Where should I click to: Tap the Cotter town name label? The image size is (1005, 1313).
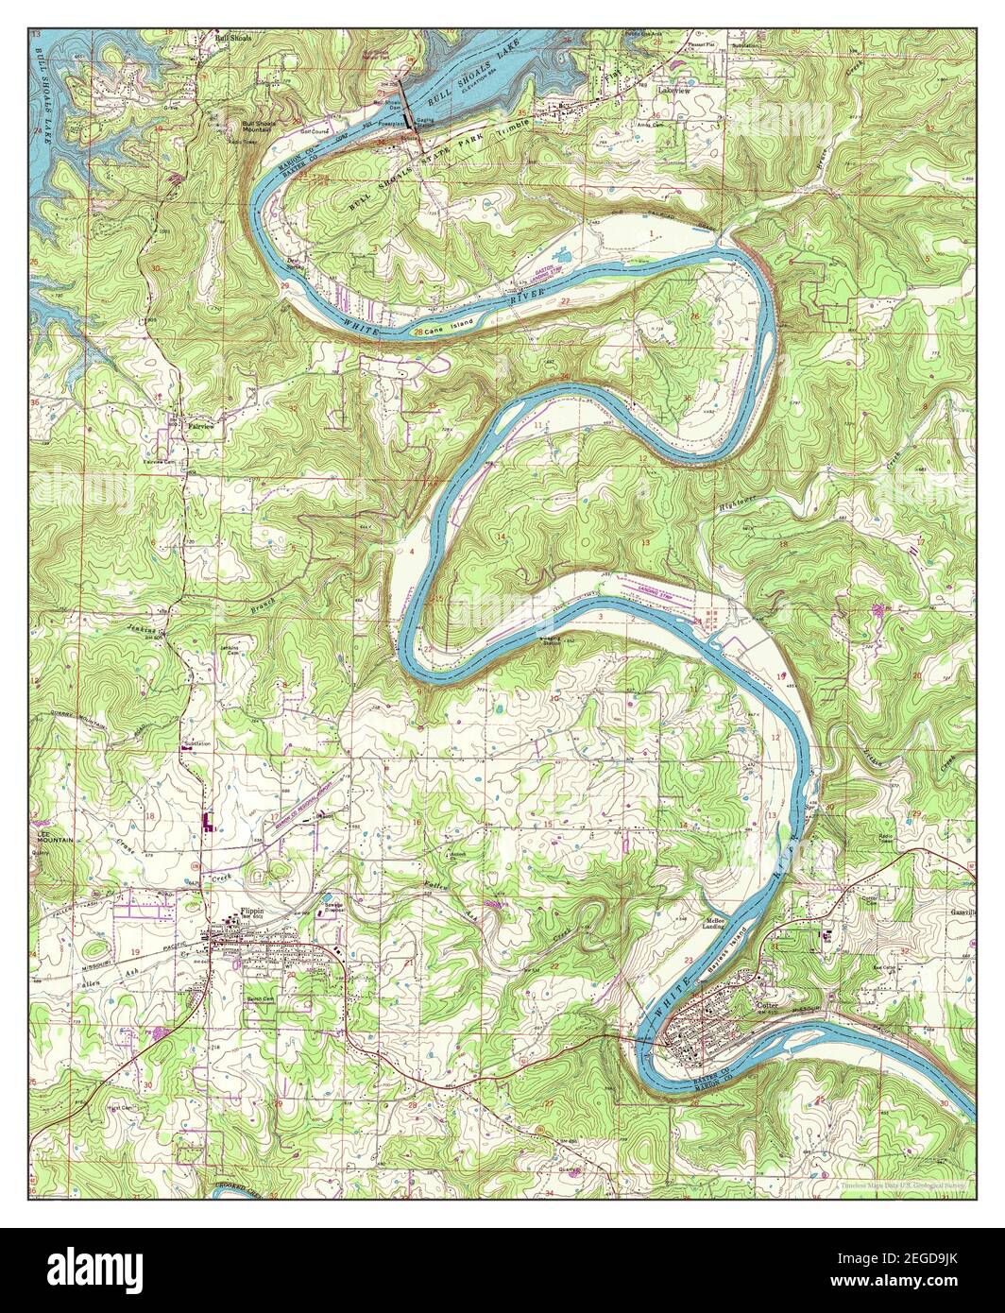pyautogui.click(x=769, y=1006)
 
